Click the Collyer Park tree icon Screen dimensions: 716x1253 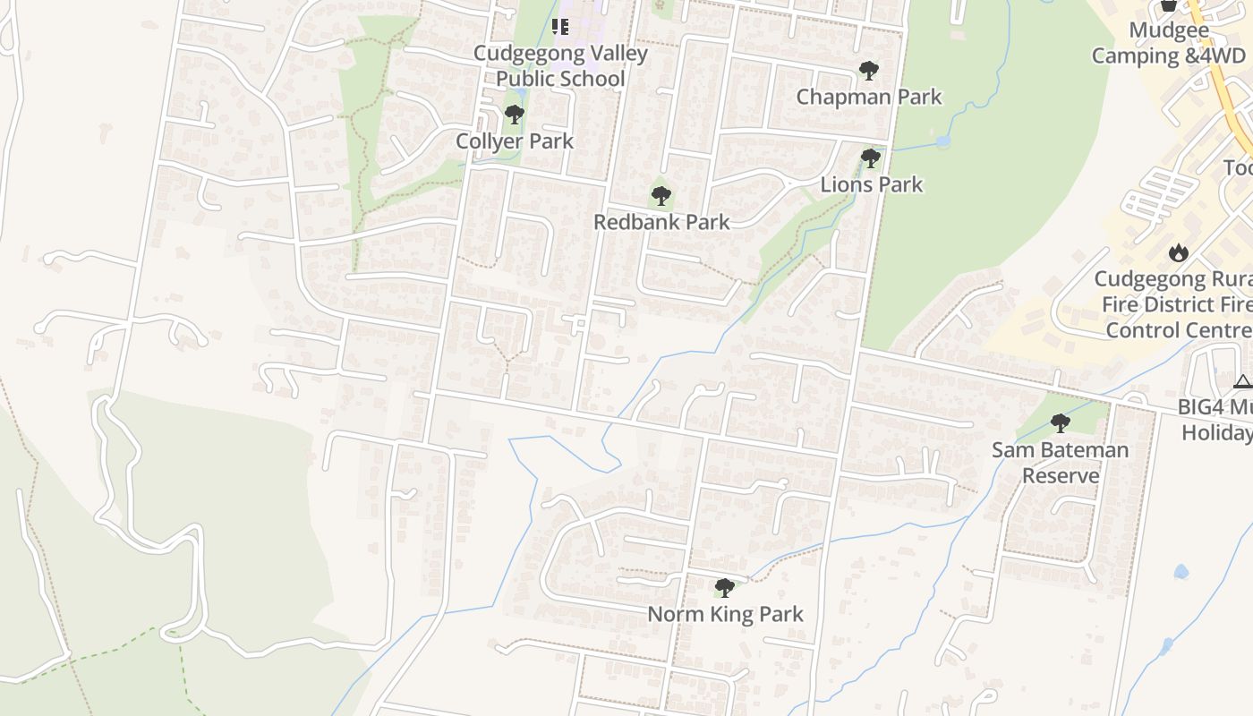tap(514, 115)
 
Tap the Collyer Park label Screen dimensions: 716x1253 tap(515, 141)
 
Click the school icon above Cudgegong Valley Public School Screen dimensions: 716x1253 tap(560, 27)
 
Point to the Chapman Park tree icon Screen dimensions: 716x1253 tap(868, 70)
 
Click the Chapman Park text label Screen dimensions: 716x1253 tap(869, 97)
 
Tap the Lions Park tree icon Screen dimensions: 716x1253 tap(870, 158)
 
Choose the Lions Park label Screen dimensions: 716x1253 tap(872, 184)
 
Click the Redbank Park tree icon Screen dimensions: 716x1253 tap(661, 195)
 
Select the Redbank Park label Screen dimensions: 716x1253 tap(662, 222)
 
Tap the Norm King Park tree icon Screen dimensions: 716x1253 tap(725, 588)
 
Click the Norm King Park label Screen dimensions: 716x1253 tap(725, 614)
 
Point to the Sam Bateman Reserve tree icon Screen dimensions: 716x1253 tap(1061, 422)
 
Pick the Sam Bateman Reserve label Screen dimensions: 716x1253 tap(1061, 462)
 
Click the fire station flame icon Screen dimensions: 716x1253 tap(1179, 252)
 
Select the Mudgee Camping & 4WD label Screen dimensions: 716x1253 tap(1168, 43)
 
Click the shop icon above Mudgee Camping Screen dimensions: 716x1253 tap(1168, 5)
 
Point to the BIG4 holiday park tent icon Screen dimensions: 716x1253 tap(1242, 382)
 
